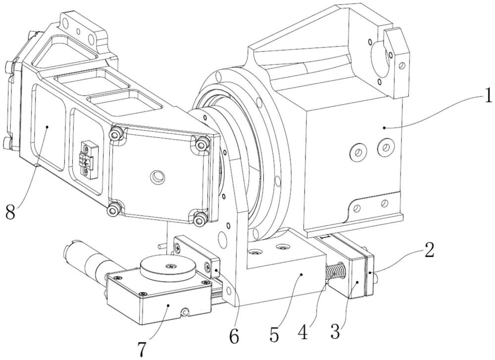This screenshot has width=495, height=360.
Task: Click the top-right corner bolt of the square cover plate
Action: click(200, 144)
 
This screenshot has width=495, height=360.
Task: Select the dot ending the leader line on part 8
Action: click(46, 127)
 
